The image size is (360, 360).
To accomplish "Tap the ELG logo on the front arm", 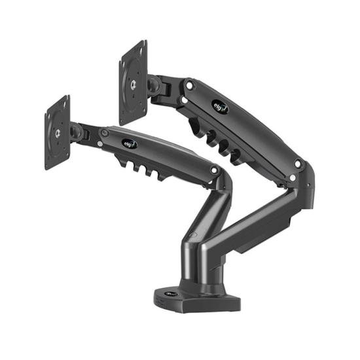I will (x=129, y=143).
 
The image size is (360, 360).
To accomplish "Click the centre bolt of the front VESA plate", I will (x=58, y=132).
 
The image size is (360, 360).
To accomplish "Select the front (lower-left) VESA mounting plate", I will (x=58, y=132).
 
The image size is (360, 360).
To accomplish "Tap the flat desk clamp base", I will (x=196, y=299).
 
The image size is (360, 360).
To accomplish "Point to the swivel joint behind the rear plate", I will (x=154, y=84).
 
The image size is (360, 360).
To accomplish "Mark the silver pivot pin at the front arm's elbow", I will (x=214, y=170).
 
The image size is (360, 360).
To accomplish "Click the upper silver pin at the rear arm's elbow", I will (x=298, y=164).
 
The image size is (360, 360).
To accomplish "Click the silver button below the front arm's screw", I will (x=99, y=143).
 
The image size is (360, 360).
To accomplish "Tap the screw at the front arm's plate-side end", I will (x=103, y=132).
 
